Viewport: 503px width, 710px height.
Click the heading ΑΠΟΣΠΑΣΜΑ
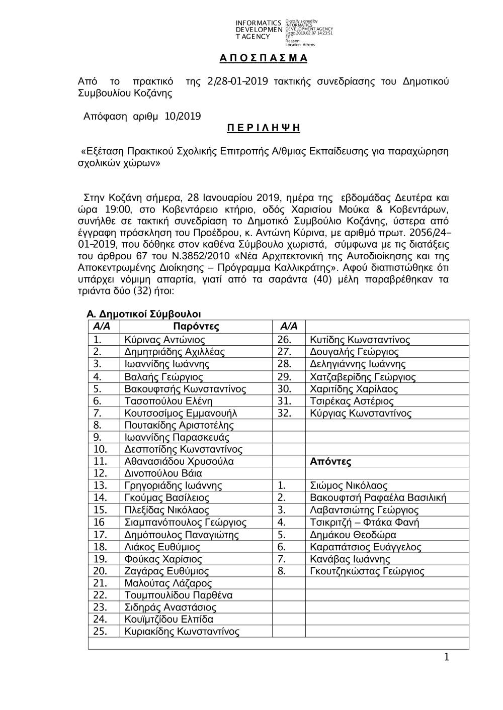pyautogui.click(x=264, y=58)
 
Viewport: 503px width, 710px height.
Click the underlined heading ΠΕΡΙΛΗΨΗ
pyautogui.click(x=264, y=128)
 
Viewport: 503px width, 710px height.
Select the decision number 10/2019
pyautogui.click(x=183, y=117)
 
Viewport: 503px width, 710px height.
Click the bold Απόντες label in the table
pyautogui.click(x=330, y=461)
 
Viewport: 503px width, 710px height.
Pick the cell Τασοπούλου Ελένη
pyautogui.click(x=168, y=401)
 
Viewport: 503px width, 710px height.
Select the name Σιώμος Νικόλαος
pyautogui.click(x=349, y=485)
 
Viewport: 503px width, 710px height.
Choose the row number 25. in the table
pyautogui.click(x=100, y=632)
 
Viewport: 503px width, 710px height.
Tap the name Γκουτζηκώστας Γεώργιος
pyautogui.click(x=367, y=571)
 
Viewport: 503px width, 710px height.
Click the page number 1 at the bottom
pyautogui.click(x=447, y=658)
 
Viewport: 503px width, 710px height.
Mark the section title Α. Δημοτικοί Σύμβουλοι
pyautogui.click(x=144, y=314)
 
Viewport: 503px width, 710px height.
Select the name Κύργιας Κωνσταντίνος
pyautogui.click(x=361, y=414)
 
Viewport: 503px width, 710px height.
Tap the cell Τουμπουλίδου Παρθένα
pyautogui.click(x=178, y=595)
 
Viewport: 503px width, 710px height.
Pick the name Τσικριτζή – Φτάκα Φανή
pyautogui.click(x=365, y=523)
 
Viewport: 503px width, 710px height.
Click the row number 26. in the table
pyautogui.click(x=284, y=340)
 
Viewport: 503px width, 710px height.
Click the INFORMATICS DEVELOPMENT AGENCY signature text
pyautogui.click(x=259, y=30)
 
